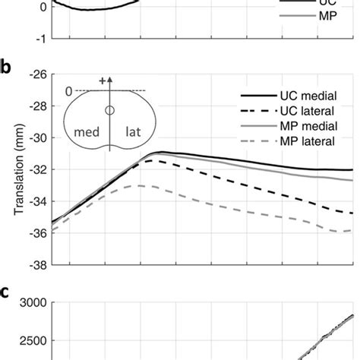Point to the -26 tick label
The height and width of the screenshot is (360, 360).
pos(38,74)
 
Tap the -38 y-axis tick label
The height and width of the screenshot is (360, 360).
pos(38,266)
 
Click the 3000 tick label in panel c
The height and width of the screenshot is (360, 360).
pos(34,303)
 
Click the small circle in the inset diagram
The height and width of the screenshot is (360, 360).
pos(110,111)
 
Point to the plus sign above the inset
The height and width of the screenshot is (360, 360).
pos(103,79)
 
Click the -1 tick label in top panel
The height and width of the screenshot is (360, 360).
pos(42,38)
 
